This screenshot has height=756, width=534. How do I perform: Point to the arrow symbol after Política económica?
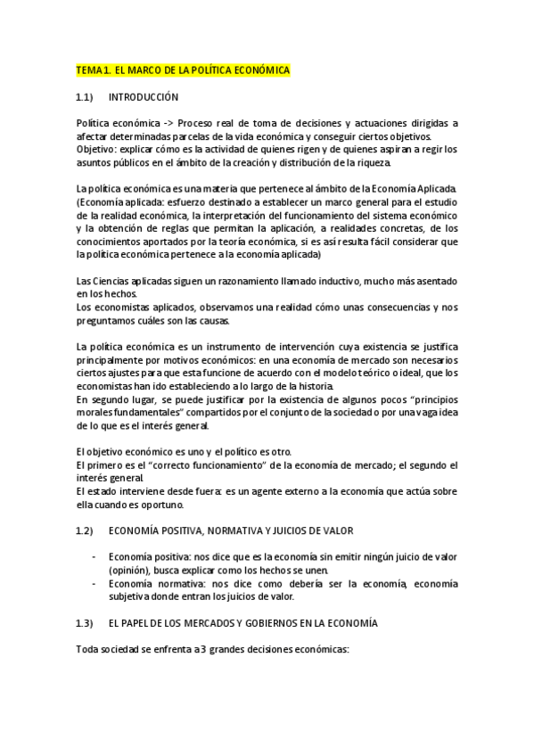(x=166, y=123)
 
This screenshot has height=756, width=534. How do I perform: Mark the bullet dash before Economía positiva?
(x=95, y=556)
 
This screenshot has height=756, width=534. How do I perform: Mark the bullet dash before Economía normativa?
(x=95, y=583)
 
